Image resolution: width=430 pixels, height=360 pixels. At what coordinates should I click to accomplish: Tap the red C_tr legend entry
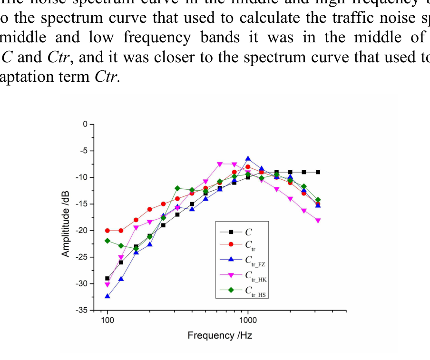pyautogui.click(x=240, y=245)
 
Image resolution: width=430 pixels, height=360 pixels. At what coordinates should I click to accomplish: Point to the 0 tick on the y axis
pyautogui.click(x=85, y=124)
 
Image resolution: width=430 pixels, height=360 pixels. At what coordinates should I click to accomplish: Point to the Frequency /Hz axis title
pyautogui.click(x=220, y=336)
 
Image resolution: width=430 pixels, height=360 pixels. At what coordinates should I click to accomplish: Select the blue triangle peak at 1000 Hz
pyautogui.click(x=248, y=158)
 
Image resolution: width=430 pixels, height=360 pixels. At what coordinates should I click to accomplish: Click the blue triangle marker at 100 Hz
pyautogui.click(x=107, y=296)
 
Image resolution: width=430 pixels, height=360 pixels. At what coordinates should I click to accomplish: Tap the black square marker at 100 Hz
pyautogui.click(x=107, y=279)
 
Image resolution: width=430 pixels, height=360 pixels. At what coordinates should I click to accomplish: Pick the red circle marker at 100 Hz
pyautogui.click(x=107, y=231)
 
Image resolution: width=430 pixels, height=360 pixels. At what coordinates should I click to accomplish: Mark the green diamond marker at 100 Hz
pyautogui.click(x=107, y=241)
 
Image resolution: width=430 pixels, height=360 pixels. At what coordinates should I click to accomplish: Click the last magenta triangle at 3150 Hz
pyautogui.click(x=318, y=221)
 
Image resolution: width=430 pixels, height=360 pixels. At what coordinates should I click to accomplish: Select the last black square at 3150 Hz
pyautogui.click(x=318, y=172)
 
